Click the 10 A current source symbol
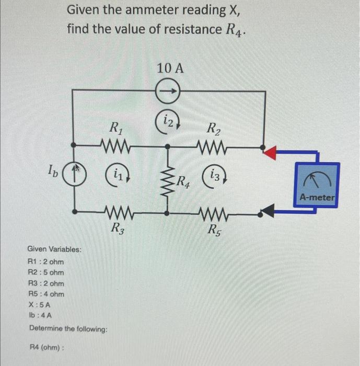(169, 92)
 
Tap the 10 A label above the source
(170, 68)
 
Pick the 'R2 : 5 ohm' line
(45, 272)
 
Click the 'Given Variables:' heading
(54, 249)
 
